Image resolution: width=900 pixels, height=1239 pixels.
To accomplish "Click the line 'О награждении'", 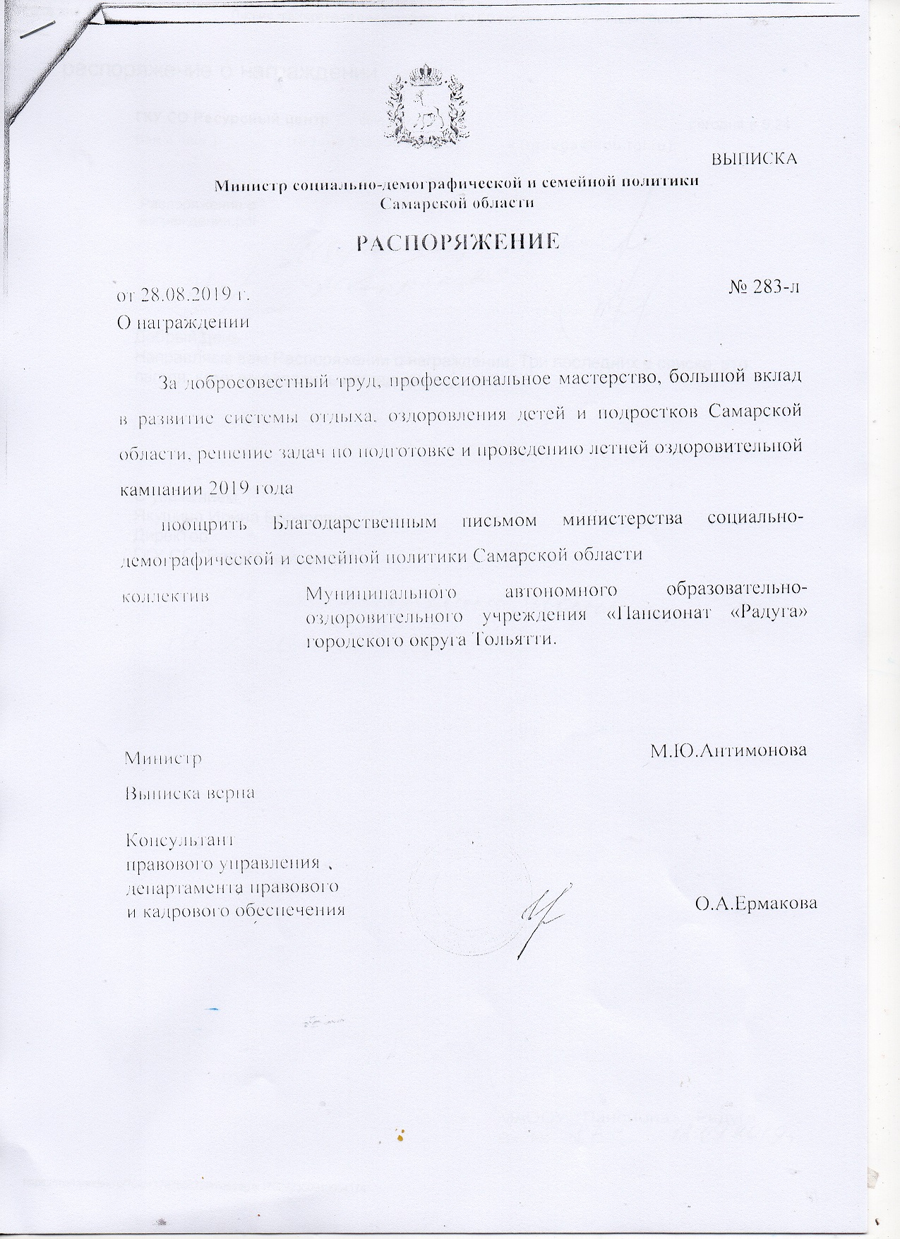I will [183, 323].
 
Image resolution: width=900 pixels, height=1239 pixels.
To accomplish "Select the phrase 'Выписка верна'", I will [189, 793].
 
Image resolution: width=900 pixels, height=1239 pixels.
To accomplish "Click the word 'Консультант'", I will [179, 842].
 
